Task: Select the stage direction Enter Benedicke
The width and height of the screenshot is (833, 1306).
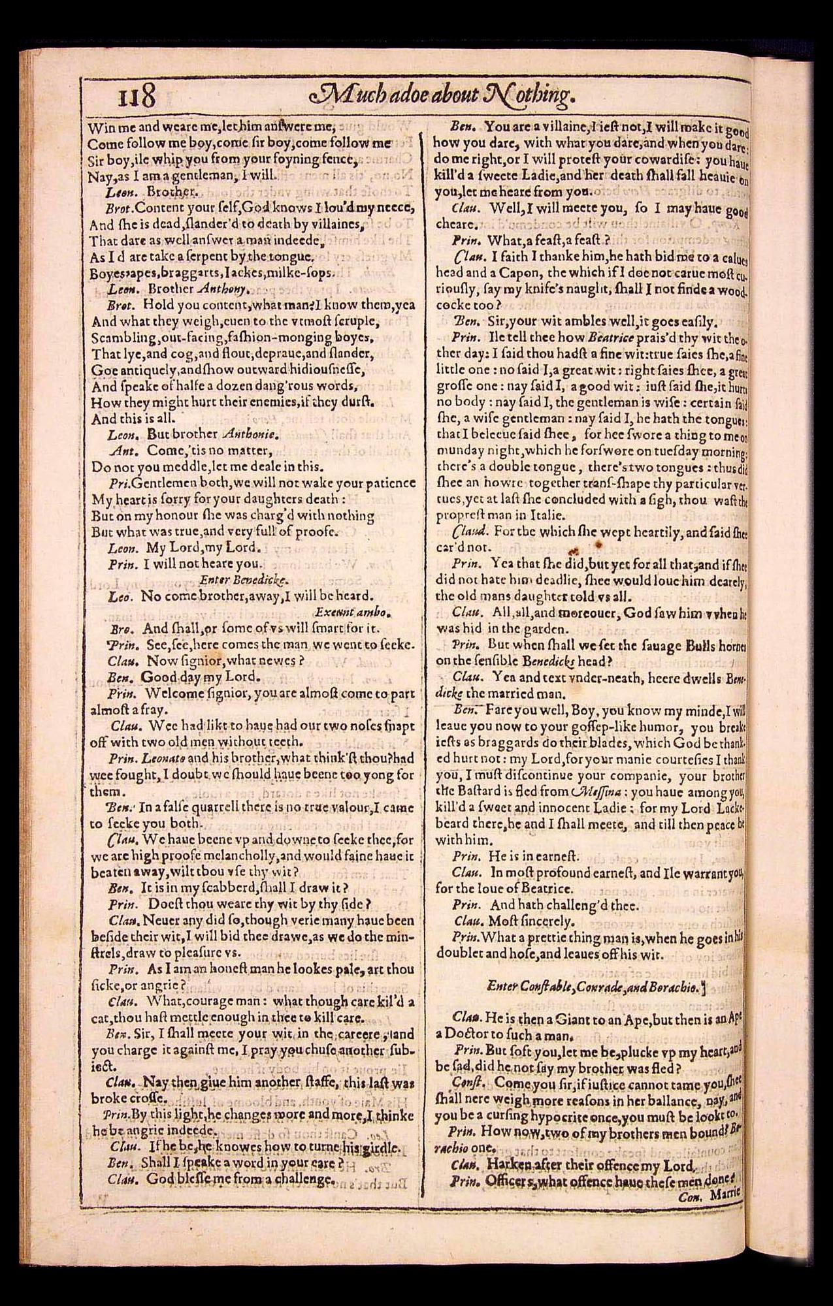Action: point(251,579)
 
